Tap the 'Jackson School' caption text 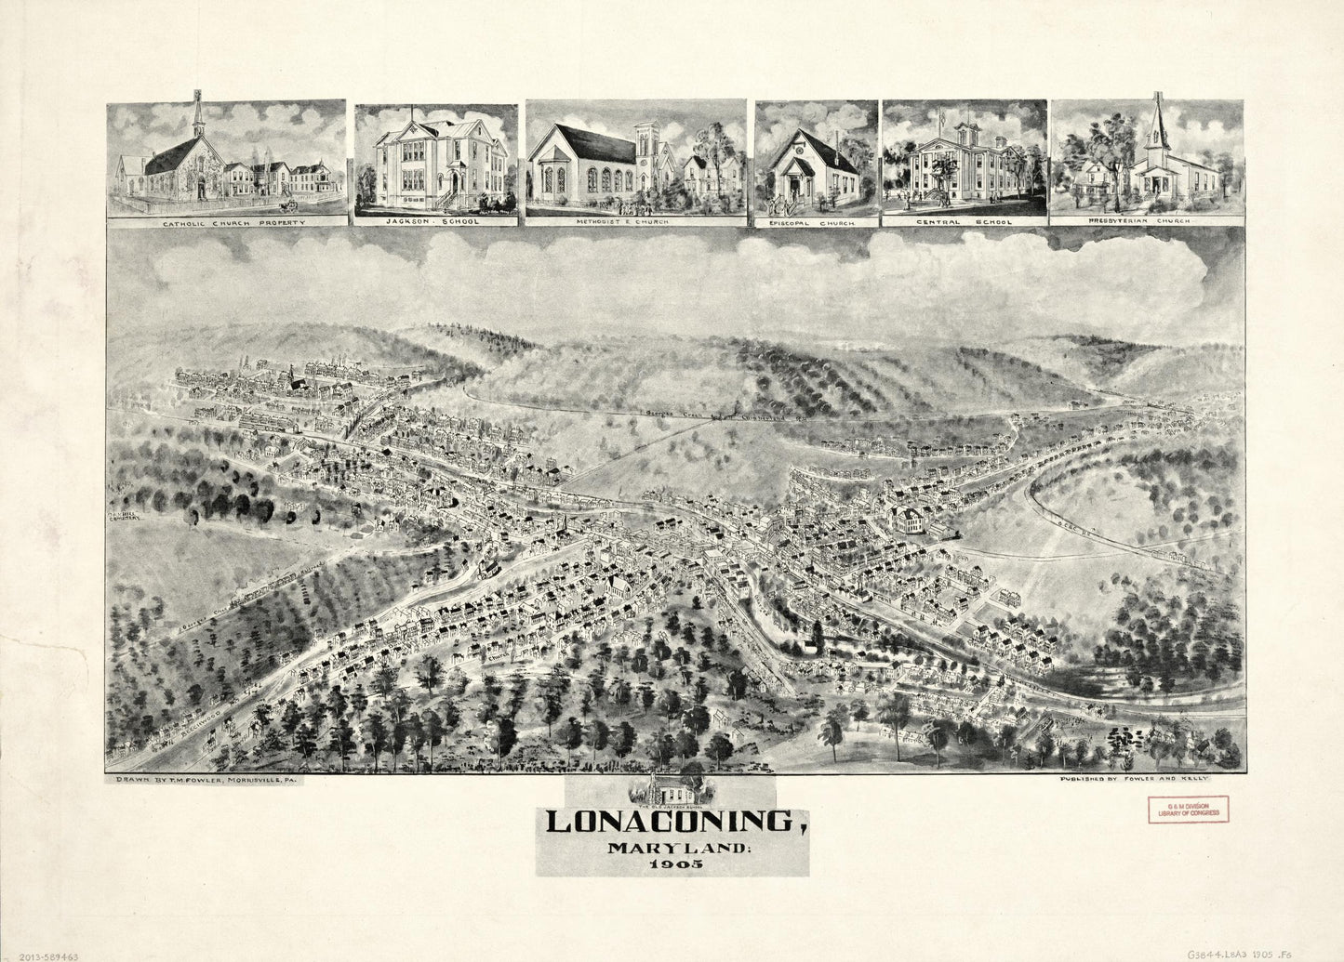click(x=435, y=222)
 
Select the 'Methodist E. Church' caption click(x=636, y=222)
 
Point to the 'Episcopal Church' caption click(x=817, y=222)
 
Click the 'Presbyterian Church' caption click(x=1147, y=222)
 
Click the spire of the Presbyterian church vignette click(x=1158, y=121)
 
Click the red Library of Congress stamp click(x=1187, y=810)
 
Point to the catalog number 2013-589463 click(x=49, y=954)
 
